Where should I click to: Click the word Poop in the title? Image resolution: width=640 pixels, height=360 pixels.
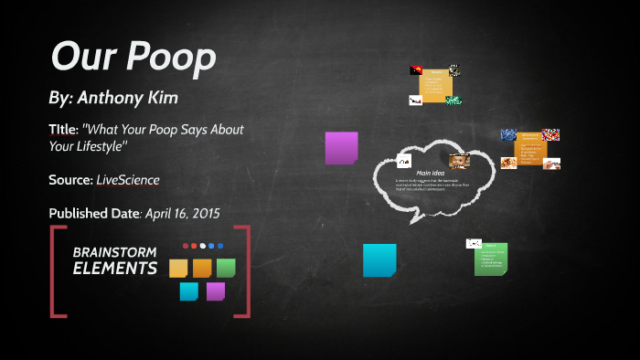[x=172, y=57]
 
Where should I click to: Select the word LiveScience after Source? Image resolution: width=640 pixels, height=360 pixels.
[x=128, y=180]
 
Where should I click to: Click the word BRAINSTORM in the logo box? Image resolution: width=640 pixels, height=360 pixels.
[x=114, y=252]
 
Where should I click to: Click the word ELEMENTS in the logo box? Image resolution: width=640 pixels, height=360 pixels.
[x=114, y=269]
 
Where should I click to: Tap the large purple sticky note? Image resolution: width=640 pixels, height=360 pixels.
[x=341, y=148]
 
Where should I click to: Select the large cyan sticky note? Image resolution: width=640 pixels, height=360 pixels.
[x=379, y=259]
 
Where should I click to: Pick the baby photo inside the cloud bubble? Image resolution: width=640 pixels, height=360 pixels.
[x=459, y=161]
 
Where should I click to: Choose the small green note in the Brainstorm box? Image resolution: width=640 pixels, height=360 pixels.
[x=226, y=268]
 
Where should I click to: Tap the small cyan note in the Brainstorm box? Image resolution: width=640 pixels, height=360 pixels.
[x=189, y=291]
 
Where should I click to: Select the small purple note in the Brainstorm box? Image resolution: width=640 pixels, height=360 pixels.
[x=216, y=291]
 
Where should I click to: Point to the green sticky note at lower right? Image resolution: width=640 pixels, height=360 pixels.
[x=491, y=259]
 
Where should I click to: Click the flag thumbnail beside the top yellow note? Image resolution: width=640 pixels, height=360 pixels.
[x=416, y=70]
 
